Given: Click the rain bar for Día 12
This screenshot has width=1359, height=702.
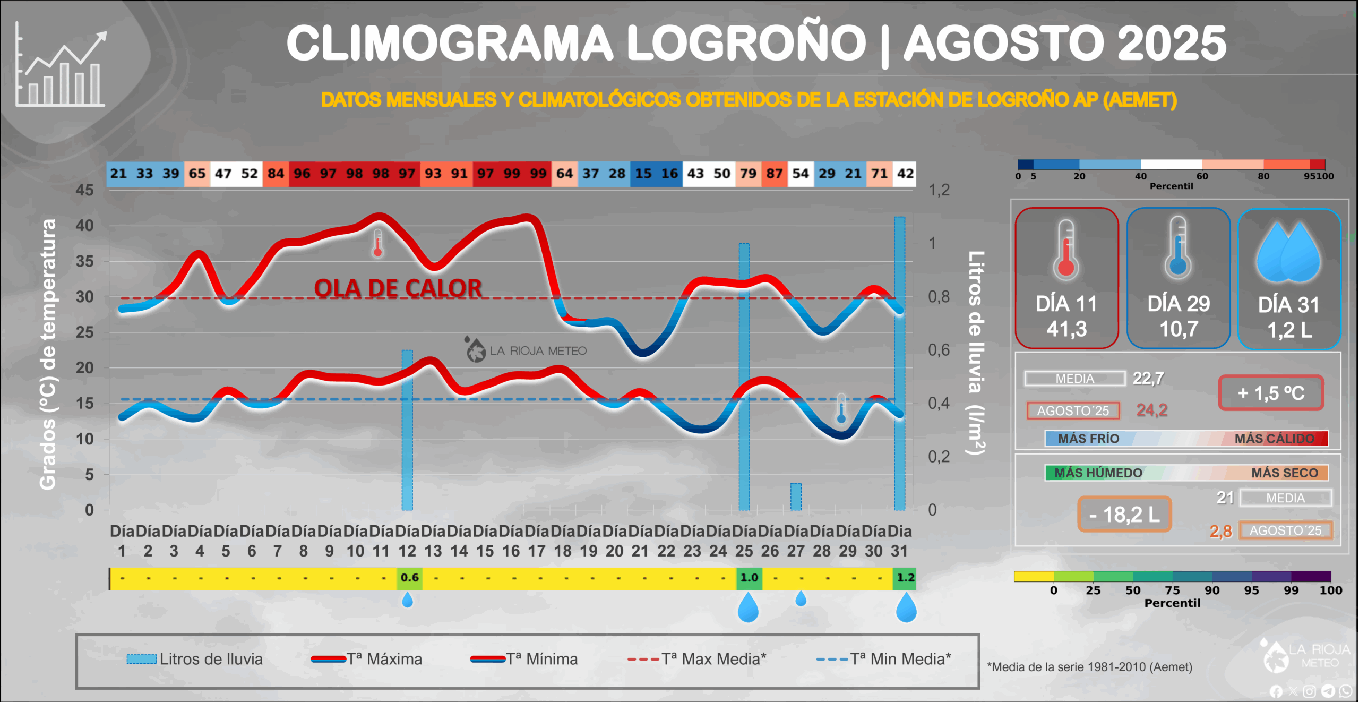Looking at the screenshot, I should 407,430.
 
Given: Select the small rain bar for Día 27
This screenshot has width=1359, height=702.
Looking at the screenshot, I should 796,496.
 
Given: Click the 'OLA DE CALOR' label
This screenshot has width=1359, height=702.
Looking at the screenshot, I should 398,288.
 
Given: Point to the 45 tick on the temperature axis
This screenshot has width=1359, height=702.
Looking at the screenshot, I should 84,190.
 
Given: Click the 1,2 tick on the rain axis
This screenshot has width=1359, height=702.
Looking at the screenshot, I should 939,190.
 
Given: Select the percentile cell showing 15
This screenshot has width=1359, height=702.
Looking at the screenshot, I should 643,174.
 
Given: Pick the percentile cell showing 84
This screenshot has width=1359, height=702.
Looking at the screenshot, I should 276,174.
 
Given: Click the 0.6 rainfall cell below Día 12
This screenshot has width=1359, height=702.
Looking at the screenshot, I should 409,578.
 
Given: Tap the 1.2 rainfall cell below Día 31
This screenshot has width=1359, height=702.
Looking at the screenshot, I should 906,578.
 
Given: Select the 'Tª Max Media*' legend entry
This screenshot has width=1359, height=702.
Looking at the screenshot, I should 697,659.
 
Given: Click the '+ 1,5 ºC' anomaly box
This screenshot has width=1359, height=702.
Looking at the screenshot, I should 1271,393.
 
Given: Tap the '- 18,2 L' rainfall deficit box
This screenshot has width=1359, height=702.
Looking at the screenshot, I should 1124,514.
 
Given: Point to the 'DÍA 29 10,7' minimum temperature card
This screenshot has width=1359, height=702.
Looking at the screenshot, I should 1179,278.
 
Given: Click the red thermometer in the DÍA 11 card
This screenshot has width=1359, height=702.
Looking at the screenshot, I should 1066,250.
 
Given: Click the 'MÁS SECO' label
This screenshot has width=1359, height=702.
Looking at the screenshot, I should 1284,473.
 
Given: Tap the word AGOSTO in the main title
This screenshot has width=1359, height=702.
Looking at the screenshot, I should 1003,44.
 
